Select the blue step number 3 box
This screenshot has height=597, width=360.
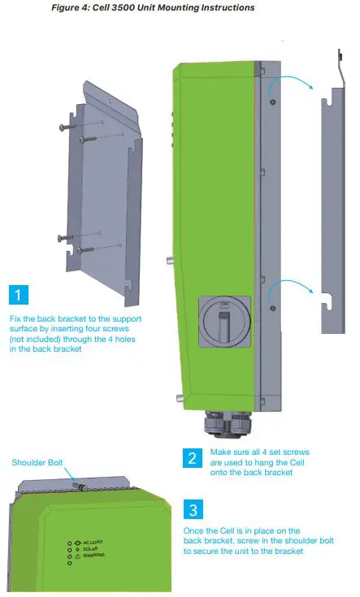click(192, 510)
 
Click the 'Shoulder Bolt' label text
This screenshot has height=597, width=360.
click(37, 463)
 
